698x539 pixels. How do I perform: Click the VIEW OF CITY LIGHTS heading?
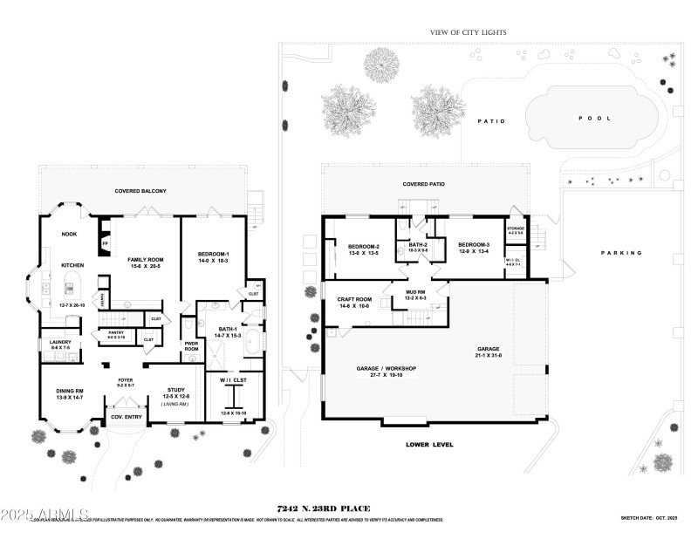[x=468, y=32]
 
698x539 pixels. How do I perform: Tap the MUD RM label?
[x=414, y=294]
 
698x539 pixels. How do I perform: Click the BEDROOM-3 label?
[x=476, y=245]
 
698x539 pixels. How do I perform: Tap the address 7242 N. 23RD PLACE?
[x=324, y=508]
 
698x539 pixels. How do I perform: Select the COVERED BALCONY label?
[x=140, y=190]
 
